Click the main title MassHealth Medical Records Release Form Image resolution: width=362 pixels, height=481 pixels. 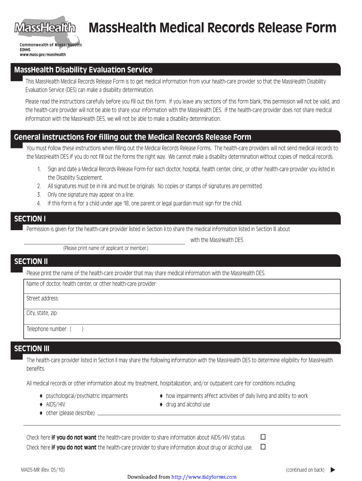point(212,28)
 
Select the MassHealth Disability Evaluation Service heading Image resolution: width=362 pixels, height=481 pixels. point(83,70)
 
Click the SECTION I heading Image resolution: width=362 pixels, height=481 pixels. point(30,219)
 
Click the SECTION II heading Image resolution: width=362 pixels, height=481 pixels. point(31,262)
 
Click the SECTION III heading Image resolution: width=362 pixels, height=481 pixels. point(31,349)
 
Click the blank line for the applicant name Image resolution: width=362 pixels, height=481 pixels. point(104,241)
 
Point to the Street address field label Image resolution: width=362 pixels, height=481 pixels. point(43,299)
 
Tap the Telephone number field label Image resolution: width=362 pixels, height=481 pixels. point(47,329)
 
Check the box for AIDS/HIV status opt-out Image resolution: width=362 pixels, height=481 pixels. point(263,437)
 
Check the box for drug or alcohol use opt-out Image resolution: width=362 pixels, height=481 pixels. point(263,447)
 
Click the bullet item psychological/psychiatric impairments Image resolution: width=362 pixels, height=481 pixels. point(87,396)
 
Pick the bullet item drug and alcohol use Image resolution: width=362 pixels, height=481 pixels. point(188,404)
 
